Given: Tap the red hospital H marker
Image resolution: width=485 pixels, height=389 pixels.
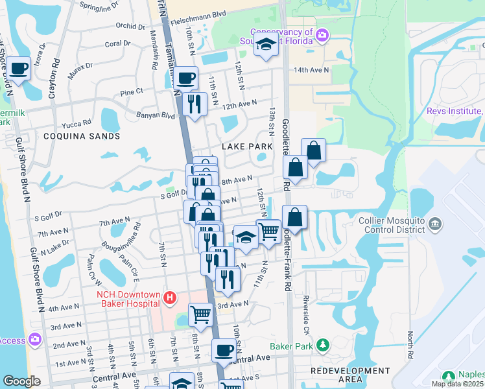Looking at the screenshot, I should click(x=169, y=298).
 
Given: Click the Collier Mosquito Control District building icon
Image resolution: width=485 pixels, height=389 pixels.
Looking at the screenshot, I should click(x=435, y=225).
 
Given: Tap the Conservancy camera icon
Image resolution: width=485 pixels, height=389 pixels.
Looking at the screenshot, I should click(x=322, y=34).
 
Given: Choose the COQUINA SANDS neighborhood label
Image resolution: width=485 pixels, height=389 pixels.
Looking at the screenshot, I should click(x=82, y=136).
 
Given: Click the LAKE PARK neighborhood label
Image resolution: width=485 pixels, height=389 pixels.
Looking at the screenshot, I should click(x=247, y=147).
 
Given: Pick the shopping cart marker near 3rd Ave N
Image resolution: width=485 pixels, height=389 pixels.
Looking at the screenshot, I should click(x=200, y=314).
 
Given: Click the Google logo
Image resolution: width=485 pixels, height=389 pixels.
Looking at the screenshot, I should click(x=22, y=381).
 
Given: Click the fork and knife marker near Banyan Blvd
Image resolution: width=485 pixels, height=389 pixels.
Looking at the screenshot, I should click(x=195, y=103).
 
